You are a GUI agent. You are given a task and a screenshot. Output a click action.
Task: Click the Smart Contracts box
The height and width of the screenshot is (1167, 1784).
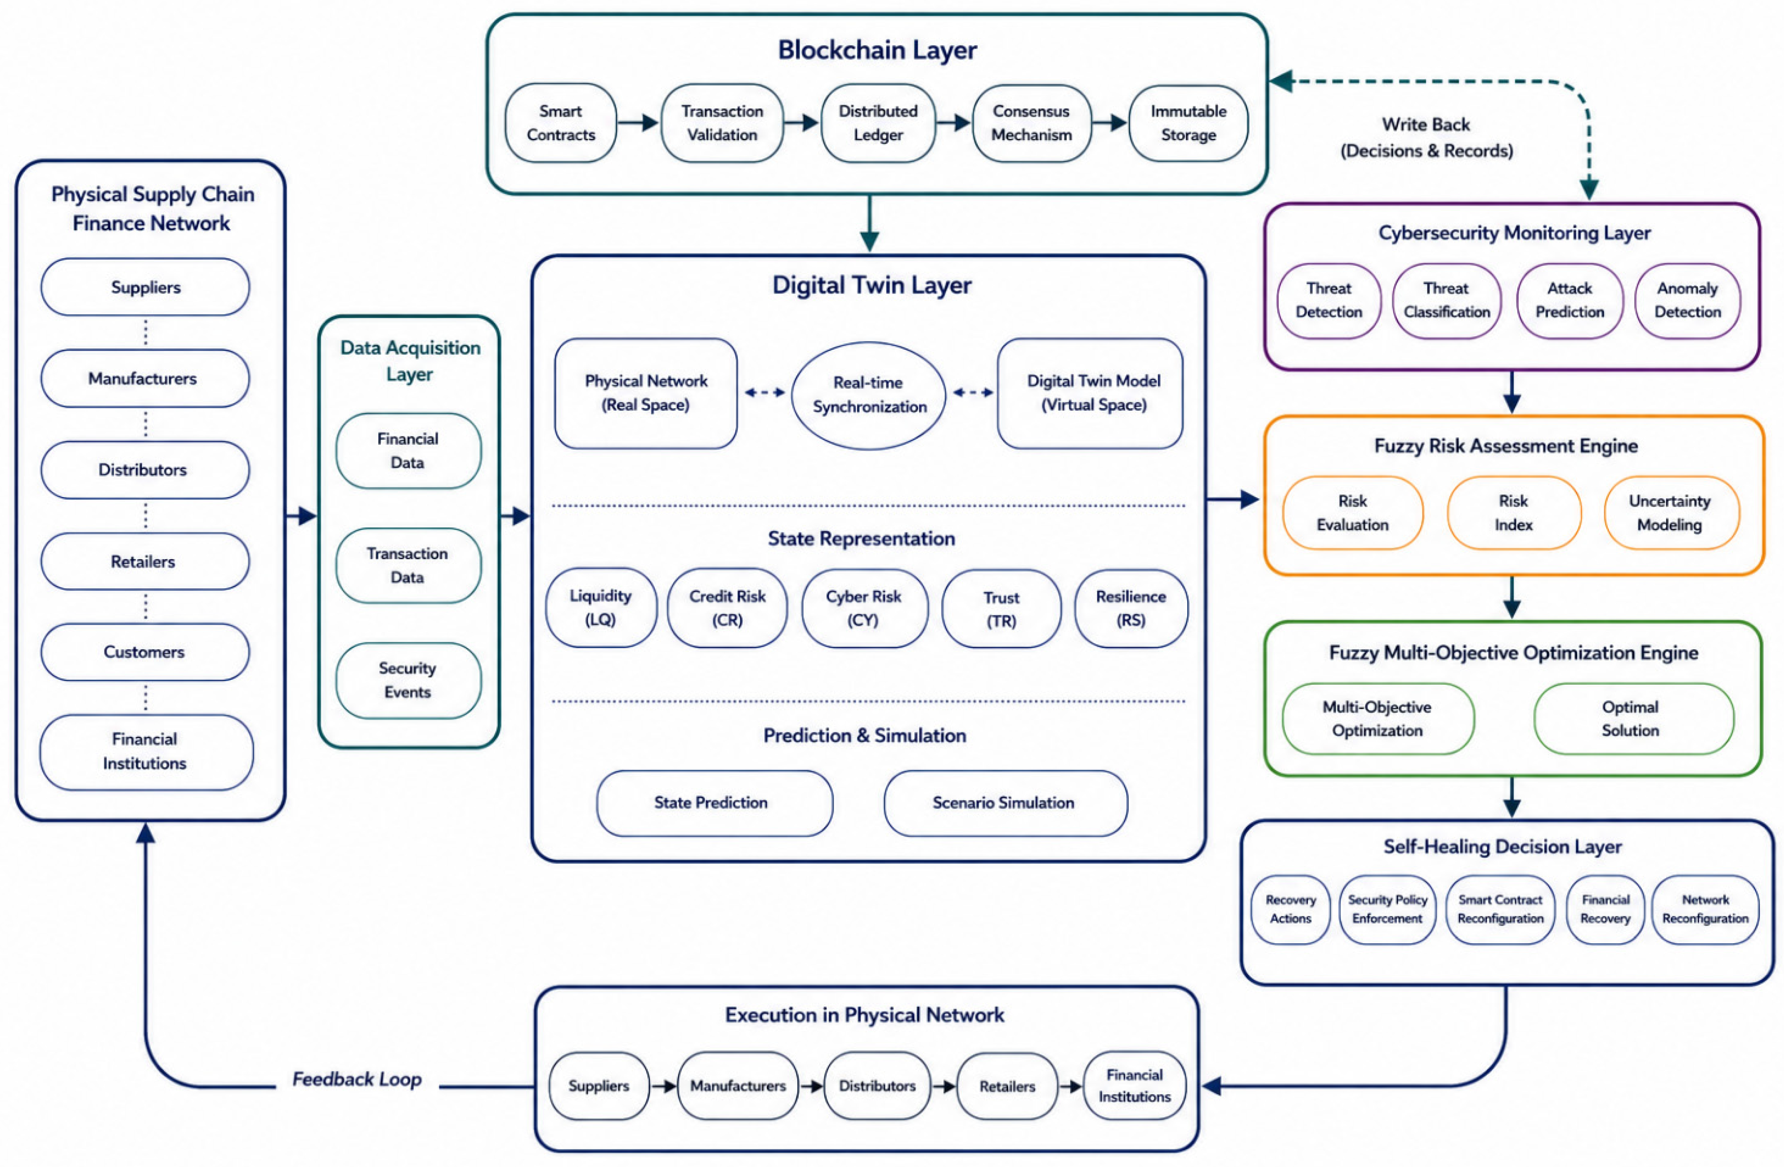pos(561,123)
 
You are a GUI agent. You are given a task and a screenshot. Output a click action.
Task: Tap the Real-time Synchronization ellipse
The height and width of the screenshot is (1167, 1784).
pos(869,395)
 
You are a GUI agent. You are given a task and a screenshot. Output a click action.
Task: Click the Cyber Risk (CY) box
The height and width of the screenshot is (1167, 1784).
pos(864,608)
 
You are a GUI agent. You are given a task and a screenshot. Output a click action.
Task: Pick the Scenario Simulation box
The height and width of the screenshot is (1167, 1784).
pos(1005,803)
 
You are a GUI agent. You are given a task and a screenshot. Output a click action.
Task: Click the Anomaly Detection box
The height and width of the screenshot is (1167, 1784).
pos(1688,301)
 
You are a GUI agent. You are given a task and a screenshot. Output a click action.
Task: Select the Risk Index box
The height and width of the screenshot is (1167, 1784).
pos(1513,513)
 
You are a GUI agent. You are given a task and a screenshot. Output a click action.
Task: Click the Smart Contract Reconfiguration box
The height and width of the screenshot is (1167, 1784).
pos(1501,909)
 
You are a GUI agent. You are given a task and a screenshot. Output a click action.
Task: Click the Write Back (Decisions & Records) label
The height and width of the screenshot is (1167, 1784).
pos(1427,137)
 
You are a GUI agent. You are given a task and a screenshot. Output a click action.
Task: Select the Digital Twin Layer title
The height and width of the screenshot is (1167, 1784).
pos(872,285)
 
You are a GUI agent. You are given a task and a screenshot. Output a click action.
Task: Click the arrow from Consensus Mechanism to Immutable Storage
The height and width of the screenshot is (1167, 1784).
pos(1110,122)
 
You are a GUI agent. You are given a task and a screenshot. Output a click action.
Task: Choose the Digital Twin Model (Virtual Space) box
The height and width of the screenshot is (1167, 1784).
pos(1091,393)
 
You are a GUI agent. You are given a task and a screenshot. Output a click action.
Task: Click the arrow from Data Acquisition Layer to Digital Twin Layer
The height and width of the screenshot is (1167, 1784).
pos(516,516)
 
